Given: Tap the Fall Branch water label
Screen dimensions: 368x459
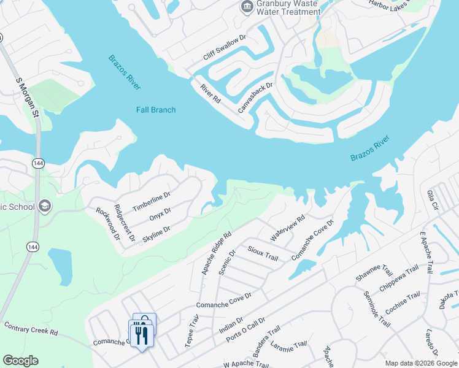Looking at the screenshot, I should click(156, 110).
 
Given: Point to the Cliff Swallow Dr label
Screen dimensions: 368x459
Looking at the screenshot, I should click(225, 47).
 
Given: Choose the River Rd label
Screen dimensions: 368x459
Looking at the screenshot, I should click(210, 94).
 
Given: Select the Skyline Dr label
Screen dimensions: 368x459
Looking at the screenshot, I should click(156, 233).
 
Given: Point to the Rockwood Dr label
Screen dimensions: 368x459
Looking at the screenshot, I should click(107, 223).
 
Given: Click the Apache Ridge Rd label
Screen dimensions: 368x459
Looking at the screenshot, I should click(216, 251).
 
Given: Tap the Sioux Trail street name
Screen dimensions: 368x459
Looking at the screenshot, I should click(263, 253).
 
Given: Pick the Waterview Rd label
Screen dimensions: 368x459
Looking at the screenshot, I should click(288, 228).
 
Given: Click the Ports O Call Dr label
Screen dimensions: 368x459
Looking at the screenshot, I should click(245, 329).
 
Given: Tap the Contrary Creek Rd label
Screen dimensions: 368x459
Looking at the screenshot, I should click(31, 328).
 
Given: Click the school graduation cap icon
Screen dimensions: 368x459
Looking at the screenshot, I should click(44, 205).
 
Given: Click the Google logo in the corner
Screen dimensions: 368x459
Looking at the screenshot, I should click(20, 361).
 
